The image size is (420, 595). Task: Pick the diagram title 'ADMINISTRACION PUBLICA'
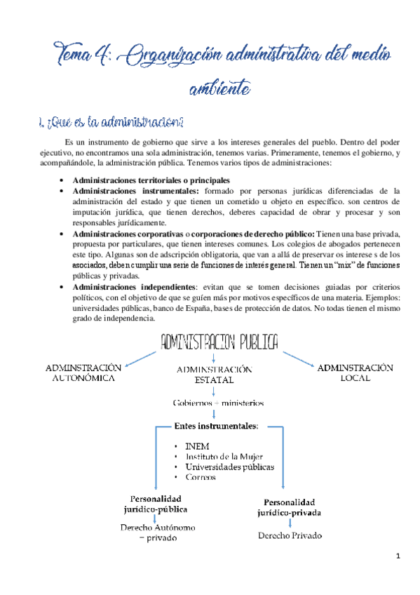(x=220, y=342)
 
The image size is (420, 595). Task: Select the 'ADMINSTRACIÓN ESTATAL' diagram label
(x=214, y=375)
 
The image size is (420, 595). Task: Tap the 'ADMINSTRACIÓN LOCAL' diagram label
(x=355, y=373)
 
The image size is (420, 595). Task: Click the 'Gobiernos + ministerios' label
(x=218, y=403)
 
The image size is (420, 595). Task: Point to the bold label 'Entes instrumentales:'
(x=215, y=426)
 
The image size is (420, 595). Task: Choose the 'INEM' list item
(x=197, y=446)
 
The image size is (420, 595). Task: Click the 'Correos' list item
(x=201, y=477)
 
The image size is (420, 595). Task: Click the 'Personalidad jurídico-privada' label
(x=290, y=507)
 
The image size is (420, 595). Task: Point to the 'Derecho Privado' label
(x=290, y=536)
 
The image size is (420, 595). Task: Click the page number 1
(x=398, y=557)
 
